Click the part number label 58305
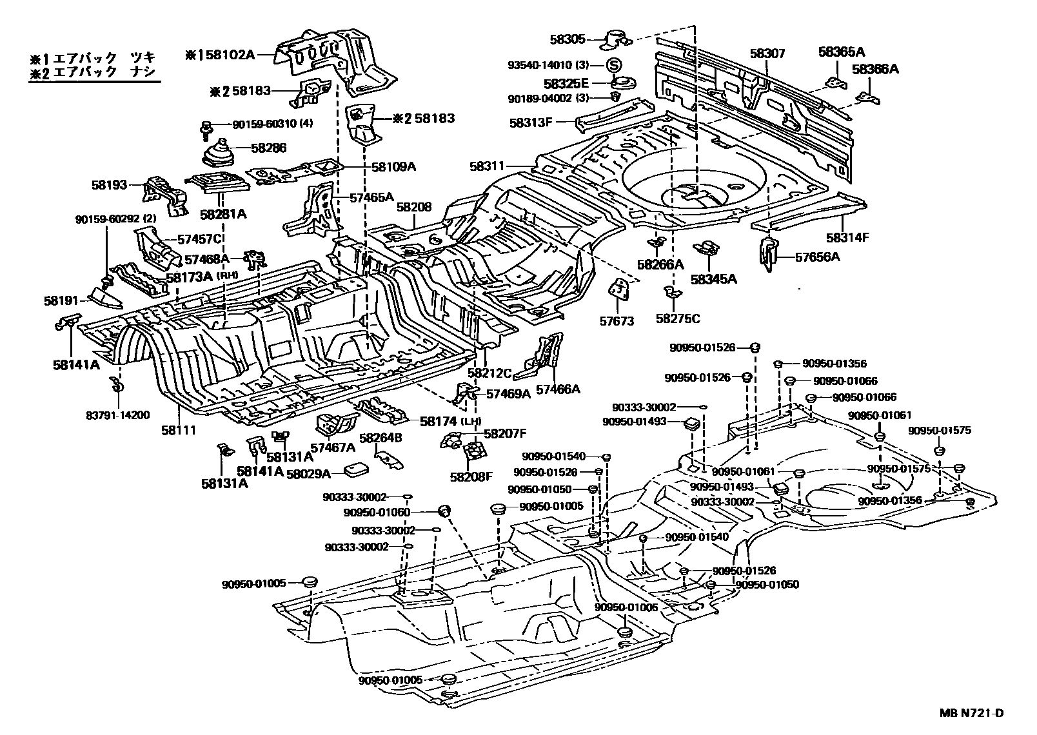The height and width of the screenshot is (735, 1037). [x=568, y=39]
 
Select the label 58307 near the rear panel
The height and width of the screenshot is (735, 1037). [x=767, y=54]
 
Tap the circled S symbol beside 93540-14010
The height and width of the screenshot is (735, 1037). [x=613, y=65]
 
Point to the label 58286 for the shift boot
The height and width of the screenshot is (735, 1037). [x=269, y=148]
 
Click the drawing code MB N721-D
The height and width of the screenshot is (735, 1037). [x=971, y=713]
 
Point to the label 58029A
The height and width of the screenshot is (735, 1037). [x=308, y=474]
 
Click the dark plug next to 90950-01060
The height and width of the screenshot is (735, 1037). [x=444, y=511]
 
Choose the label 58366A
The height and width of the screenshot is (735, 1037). [x=874, y=68]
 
